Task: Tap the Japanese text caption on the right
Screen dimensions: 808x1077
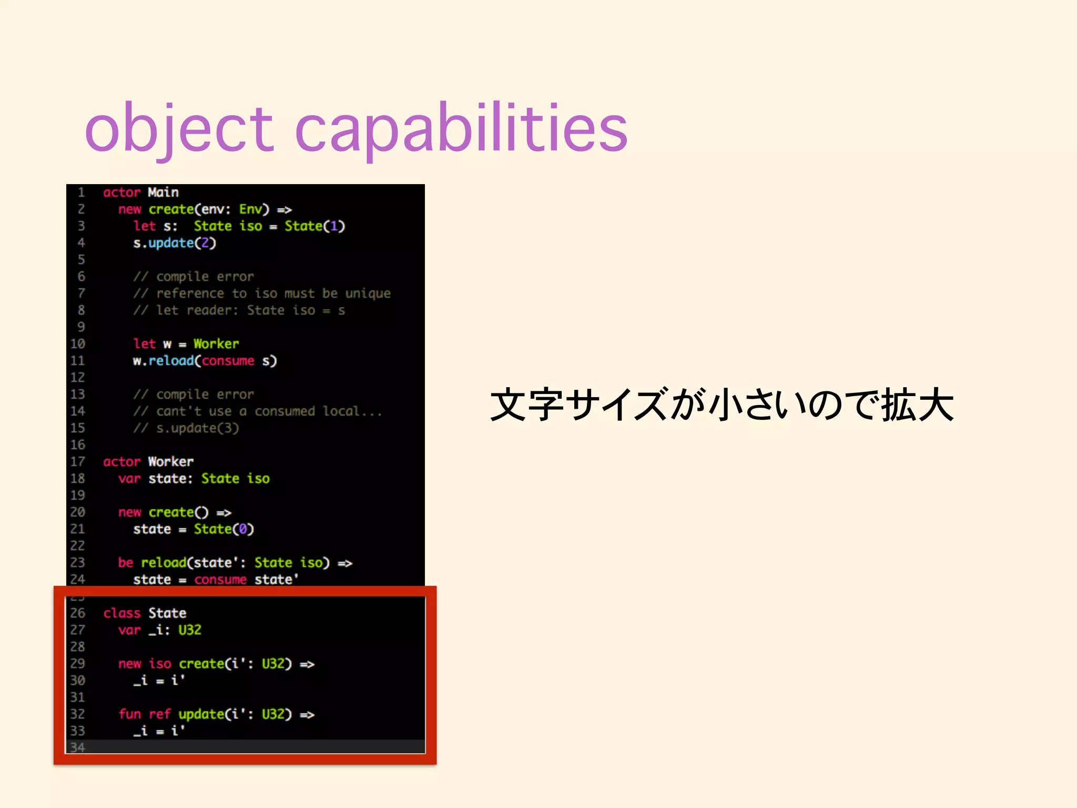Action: [722, 405]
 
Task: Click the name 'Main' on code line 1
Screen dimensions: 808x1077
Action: [163, 193]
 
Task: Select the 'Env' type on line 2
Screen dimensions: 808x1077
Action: [250, 209]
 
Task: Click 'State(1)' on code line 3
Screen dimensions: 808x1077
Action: [314, 226]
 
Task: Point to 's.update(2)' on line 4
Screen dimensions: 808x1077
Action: [174, 243]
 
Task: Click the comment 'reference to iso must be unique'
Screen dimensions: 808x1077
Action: [273, 294]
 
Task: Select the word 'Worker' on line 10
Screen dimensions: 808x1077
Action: [216, 344]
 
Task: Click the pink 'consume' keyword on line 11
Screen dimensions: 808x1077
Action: [228, 361]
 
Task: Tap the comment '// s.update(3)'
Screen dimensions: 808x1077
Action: [186, 428]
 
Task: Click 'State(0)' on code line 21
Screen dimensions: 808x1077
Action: [223, 529]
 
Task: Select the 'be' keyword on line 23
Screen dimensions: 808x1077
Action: [125, 563]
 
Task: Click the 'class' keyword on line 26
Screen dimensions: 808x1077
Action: [122, 613]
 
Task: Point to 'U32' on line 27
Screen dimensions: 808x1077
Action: [189, 630]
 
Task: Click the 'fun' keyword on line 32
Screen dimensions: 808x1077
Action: [129, 714]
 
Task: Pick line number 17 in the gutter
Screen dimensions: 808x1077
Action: [78, 462]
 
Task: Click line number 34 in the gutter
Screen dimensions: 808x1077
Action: [78, 747]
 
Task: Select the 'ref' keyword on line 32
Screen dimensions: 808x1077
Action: [159, 714]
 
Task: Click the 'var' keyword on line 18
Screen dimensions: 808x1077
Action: [129, 479]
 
